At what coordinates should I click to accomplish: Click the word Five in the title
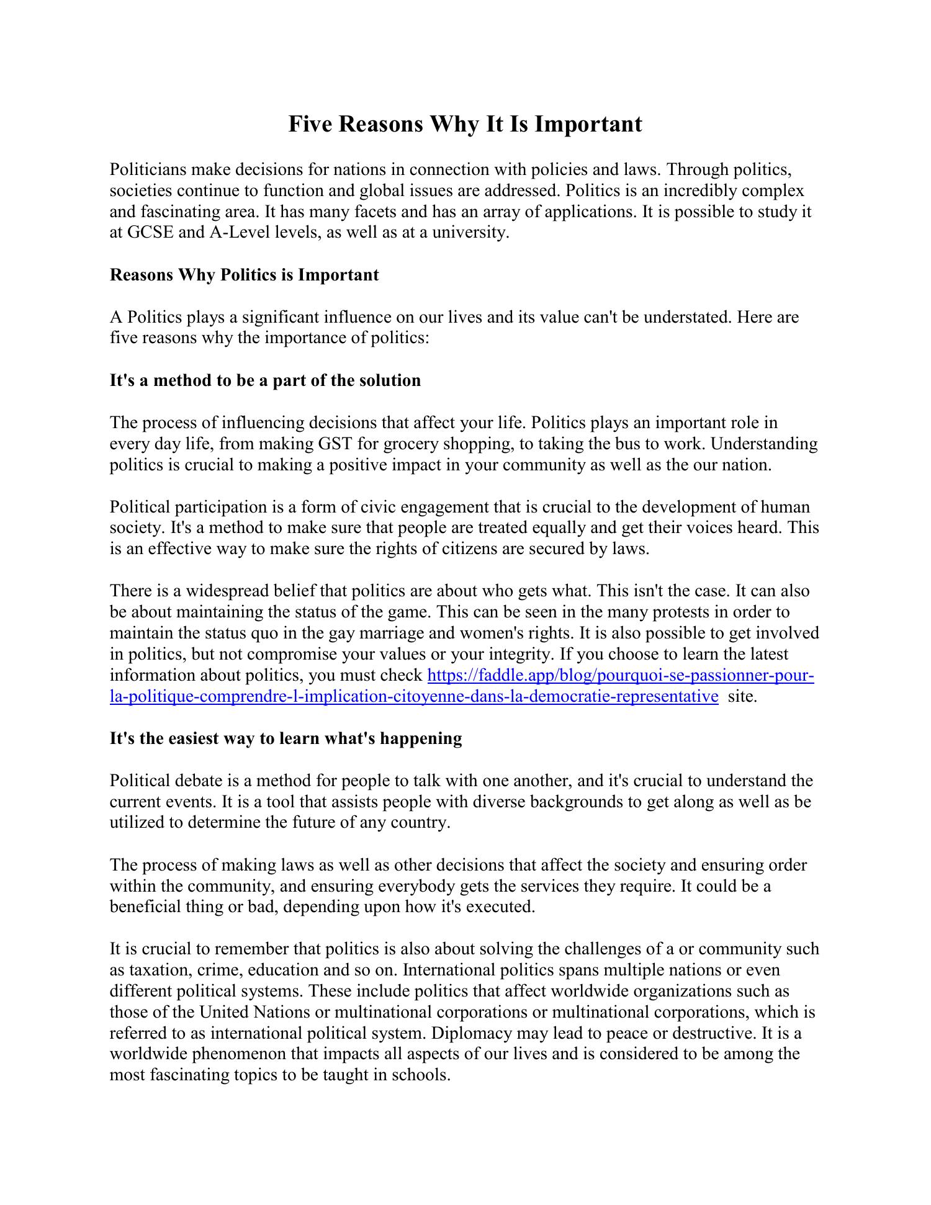pos(311,124)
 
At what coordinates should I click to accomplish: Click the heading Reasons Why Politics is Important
pos(244,275)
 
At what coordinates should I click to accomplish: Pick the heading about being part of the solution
pos(265,380)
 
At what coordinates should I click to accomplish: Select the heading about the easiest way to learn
pos(286,738)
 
